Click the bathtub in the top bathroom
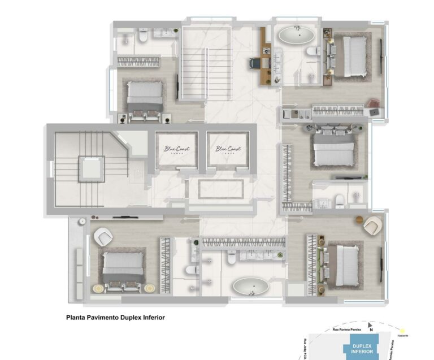click(x=296, y=37)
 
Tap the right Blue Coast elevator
click(x=227, y=150)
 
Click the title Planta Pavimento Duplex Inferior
click(x=115, y=318)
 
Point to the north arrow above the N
click(x=370, y=326)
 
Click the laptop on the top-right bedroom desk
click(x=375, y=112)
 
